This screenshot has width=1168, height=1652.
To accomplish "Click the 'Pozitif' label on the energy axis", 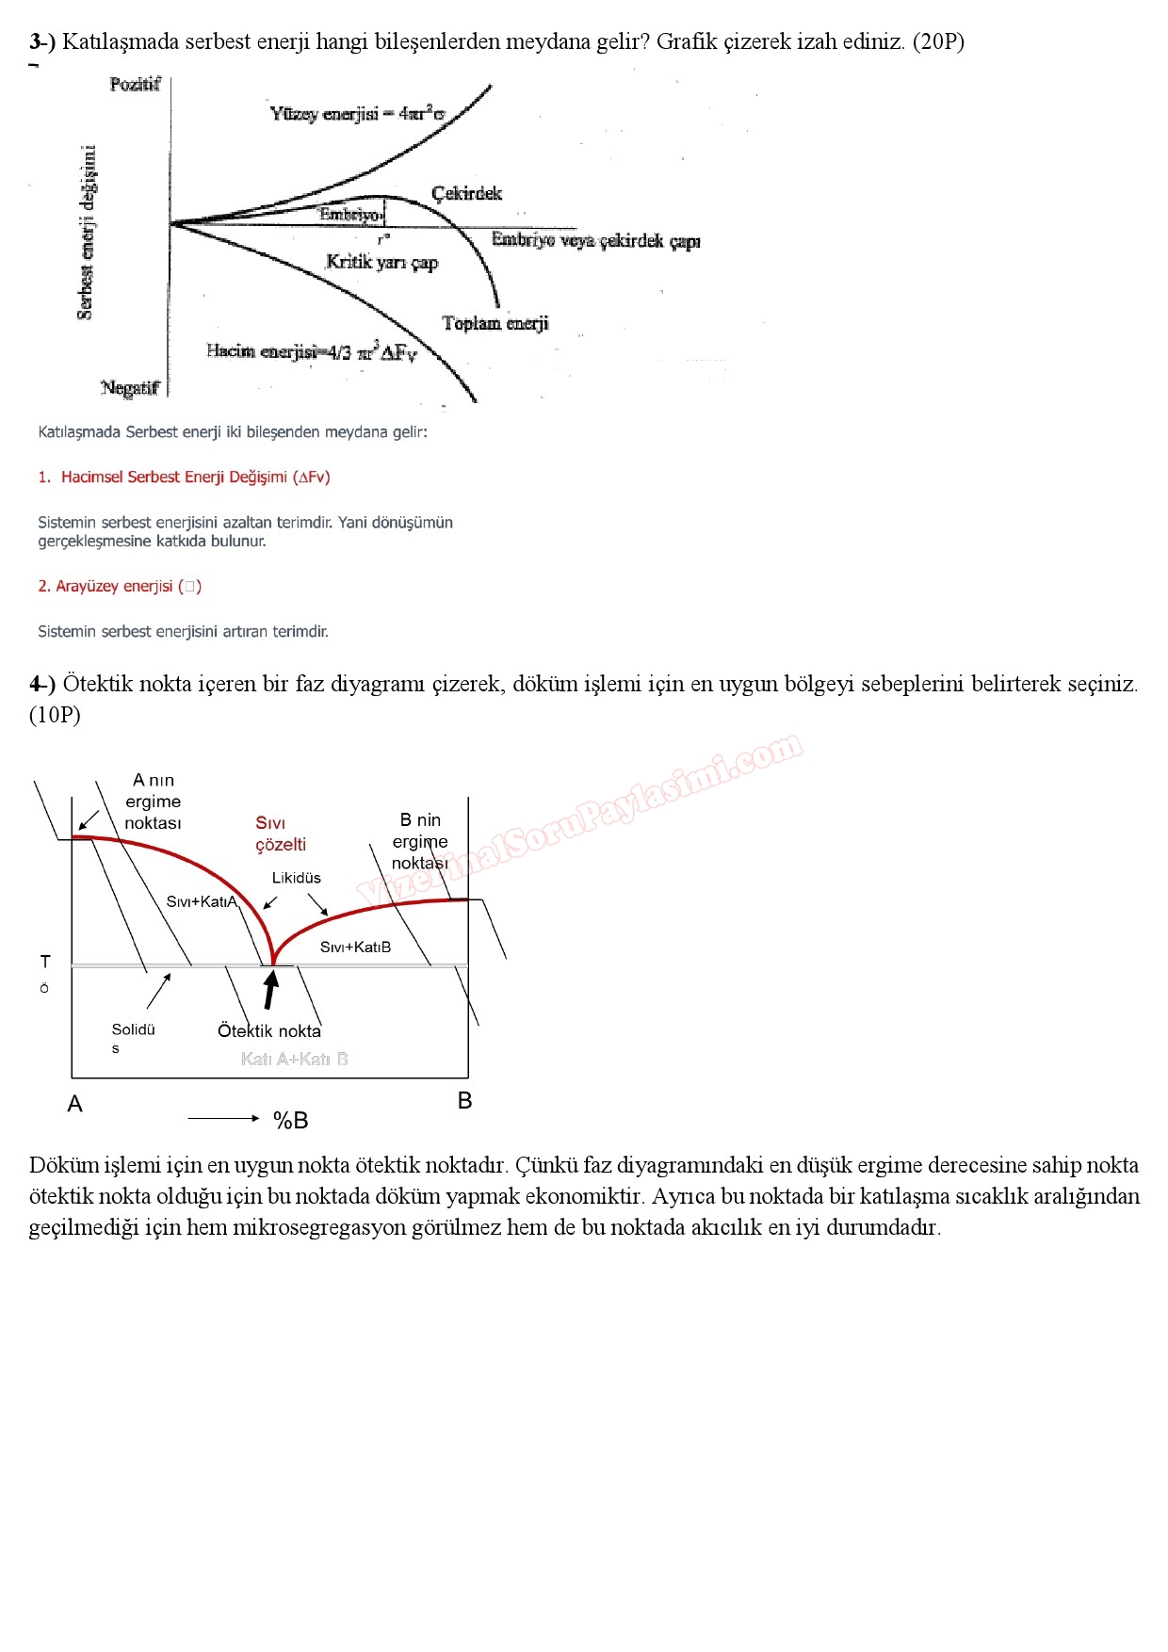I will (x=135, y=85).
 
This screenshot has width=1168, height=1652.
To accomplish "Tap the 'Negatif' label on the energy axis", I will (x=130, y=388).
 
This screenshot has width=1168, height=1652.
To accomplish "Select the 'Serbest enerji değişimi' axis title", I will (x=86, y=233).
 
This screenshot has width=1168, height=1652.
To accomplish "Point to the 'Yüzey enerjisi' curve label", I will (x=357, y=114).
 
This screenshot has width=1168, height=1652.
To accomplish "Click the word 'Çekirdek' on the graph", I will (x=466, y=193).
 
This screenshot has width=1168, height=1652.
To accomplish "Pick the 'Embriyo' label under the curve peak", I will (x=349, y=215).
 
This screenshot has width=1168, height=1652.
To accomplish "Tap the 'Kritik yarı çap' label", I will (x=381, y=262).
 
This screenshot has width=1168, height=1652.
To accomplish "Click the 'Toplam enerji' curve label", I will (x=495, y=323).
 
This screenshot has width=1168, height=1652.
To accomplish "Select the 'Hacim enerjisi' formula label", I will (x=311, y=352).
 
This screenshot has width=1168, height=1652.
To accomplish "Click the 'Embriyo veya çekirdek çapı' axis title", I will (x=595, y=240).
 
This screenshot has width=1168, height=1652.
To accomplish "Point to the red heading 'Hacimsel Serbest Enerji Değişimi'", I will (x=195, y=478).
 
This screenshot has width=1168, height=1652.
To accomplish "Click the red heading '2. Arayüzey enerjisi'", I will (x=120, y=587).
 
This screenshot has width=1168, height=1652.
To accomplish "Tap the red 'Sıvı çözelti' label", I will (x=280, y=834).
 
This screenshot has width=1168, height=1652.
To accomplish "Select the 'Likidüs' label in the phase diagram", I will (x=296, y=878).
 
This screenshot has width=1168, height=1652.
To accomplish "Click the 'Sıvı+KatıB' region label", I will (x=355, y=947).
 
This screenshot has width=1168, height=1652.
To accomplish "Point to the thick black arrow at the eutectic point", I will (x=271, y=989).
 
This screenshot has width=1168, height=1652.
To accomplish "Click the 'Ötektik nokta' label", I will (x=269, y=1030).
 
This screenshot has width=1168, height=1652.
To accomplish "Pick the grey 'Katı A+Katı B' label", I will (x=294, y=1059).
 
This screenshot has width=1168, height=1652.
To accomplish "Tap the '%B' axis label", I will (x=290, y=1120).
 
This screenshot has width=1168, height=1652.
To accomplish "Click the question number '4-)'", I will (x=42, y=684).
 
